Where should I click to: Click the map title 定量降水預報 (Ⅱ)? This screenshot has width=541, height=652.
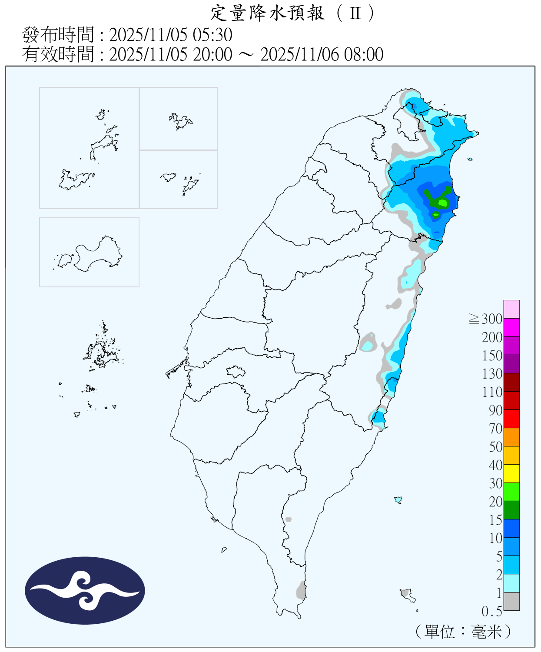pos(292,13)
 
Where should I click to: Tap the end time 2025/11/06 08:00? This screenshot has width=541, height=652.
pos(322,55)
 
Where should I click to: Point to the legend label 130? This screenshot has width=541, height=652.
pos(492,374)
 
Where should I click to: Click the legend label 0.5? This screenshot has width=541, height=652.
pos(491,612)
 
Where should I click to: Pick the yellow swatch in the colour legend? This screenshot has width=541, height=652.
pos(511,473)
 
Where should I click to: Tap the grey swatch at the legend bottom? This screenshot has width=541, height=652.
pos(511,601)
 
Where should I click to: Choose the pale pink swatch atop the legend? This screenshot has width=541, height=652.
pos(511,309)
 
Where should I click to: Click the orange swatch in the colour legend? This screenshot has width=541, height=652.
pos(511,437)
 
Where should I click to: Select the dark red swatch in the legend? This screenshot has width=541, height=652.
pos(511,382)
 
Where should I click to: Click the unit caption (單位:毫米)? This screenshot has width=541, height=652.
pos(463,631)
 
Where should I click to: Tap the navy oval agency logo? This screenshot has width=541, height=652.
pos(85,590)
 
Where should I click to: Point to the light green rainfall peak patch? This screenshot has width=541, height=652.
pos(443,203)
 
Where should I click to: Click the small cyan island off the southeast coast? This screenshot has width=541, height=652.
pos(398,500)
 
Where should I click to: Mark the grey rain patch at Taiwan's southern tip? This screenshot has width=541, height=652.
pos(301,591)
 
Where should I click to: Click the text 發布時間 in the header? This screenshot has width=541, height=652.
pos(58,35)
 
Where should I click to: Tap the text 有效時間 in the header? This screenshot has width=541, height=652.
pos(58,55)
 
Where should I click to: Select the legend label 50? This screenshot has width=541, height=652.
pos(495,447)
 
